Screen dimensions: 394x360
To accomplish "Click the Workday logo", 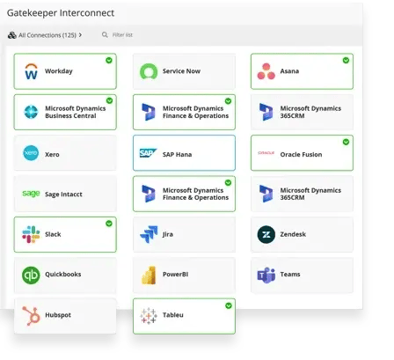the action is tap(31, 71).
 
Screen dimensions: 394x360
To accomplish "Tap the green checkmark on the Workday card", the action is tap(109, 61).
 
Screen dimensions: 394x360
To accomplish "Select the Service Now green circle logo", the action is tap(149, 71).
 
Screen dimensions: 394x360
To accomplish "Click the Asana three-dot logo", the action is tap(266, 71).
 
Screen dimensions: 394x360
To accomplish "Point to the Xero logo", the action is tap(31, 153).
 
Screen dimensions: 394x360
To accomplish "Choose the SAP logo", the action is tap(148, 153).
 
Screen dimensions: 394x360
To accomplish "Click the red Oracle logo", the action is tap(266, 153).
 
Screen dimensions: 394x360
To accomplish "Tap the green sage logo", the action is tap(31, 194).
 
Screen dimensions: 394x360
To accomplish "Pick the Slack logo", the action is tap(31, 234).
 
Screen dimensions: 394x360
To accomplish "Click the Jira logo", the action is tap(149, 234).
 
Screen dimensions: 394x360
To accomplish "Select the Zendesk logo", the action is tap(266, 234).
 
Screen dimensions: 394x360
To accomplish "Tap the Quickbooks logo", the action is tap(31, 276).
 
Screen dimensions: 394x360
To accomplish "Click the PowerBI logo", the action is tap(149, 276).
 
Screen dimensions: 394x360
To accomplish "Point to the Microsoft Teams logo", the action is tap(266, 276).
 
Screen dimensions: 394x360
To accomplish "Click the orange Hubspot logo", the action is tap(31, 316).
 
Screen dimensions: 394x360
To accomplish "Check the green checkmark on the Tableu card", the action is tap(229, 305).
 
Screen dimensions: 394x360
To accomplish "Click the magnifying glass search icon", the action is tap(105, 35).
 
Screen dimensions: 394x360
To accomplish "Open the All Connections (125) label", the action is tap(47, 35).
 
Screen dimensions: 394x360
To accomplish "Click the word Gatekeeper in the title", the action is tap(32, 13).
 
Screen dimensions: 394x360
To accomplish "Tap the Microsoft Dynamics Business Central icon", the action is tap(31, 112).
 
